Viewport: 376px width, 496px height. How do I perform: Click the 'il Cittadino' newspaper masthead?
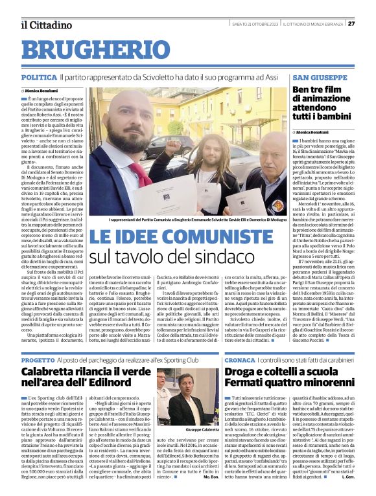click(x=45, y=25)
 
